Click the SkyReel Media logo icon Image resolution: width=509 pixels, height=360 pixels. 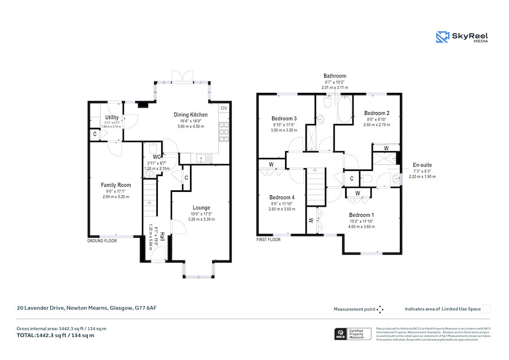[x=442, y=37]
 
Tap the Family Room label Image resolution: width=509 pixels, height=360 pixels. [x=116, y=185]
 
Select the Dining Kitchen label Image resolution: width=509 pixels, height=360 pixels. [x=190, y=114]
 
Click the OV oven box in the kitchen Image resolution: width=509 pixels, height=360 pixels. [x=224, y=108]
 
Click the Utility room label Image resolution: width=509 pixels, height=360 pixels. [x=111, y=117]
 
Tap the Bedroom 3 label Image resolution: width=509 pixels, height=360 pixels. [x=284, y=118]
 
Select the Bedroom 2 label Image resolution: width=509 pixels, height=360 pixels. [x=377, y=113]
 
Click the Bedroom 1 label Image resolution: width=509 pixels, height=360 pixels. [x=361, y=215]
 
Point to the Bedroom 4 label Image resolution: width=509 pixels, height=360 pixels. [x=281, y=198]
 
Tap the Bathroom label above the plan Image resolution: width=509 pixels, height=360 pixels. [x=335, y=76]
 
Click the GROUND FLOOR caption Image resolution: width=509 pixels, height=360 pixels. [x=101, y=241]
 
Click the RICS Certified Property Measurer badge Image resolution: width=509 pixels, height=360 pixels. [x=354, y=334]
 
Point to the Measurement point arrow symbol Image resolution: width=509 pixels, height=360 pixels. [x=380, y=309]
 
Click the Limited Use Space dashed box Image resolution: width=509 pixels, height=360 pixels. [x=486, y=309]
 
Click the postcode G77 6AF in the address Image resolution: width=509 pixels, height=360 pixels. [x=145, y=308]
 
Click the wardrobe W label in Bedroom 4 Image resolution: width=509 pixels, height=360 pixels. [x=271, y=165]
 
